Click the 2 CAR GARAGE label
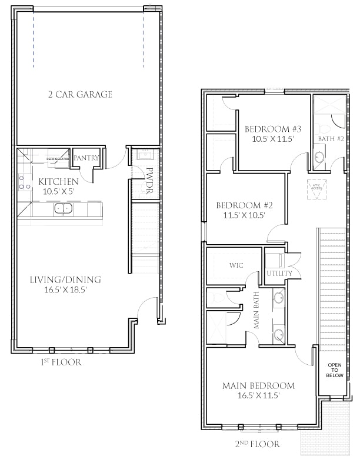pos(80,94)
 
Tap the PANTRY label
pos(86,158)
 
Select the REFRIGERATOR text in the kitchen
pos(58,159)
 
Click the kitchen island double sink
pos(62,208)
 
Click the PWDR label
pos(149,176)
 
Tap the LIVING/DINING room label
pos(65,279)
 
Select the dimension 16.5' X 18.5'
pos(65,289)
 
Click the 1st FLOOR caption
pos(61,362)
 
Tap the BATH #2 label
pos(326,139)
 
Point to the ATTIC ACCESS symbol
pos(315,189)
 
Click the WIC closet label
pos(236,265)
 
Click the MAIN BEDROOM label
pos(258,386)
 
